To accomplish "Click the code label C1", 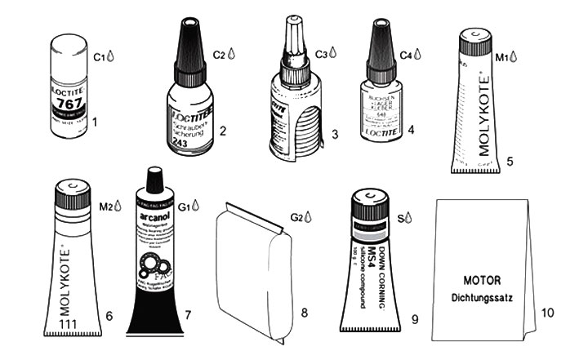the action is pos(100,57).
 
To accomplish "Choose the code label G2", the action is pos(296,218).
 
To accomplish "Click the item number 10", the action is pos(546,312).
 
